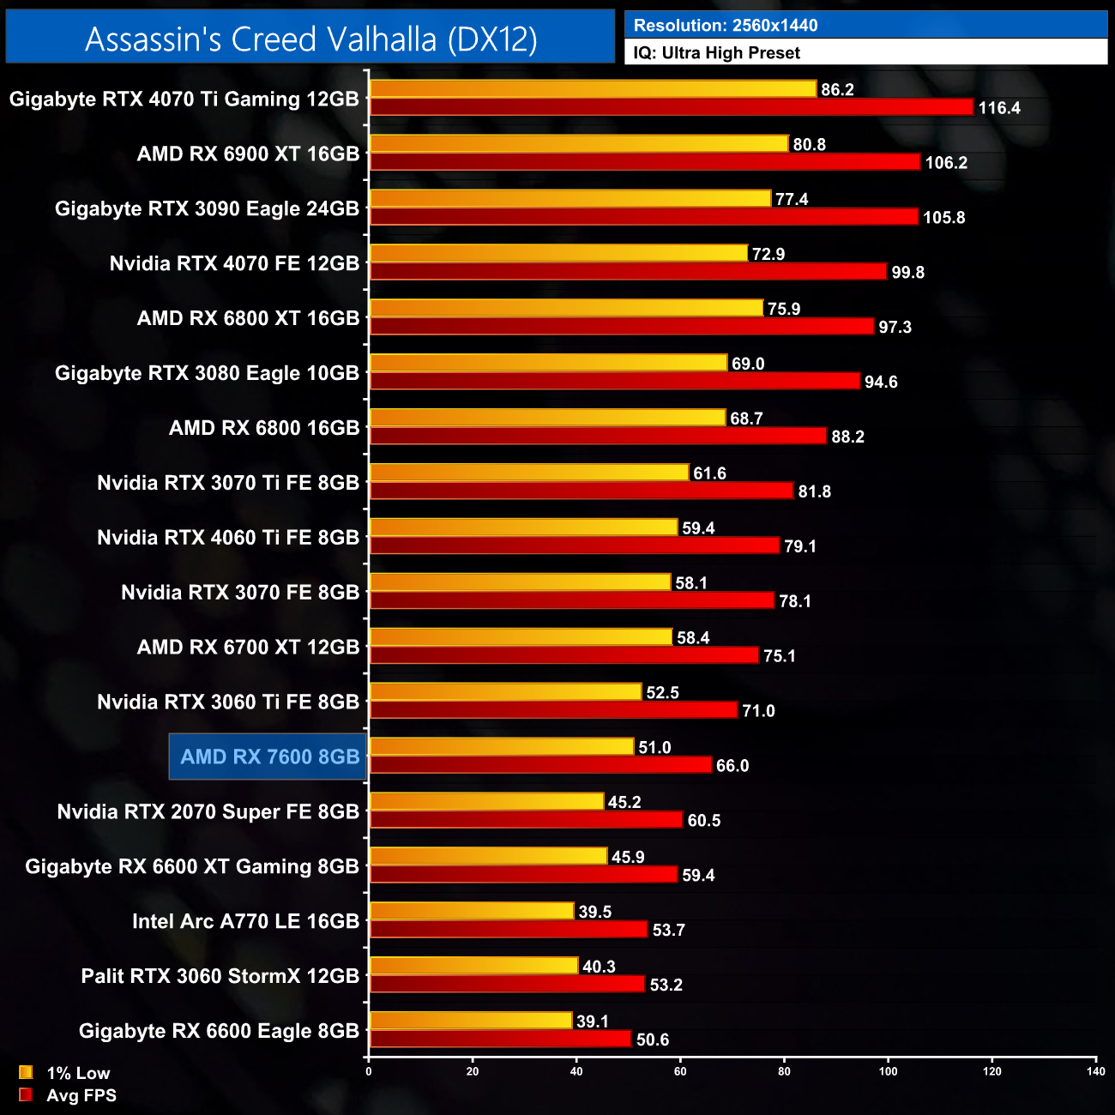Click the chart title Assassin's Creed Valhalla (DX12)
click(x=310, y=39)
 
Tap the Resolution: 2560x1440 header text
click(x=725, y=25)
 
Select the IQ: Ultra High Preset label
click(x=716, y=52)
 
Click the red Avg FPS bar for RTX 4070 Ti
click(x=671, y=107)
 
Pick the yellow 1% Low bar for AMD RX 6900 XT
click(x=578, y=144)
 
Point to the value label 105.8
click(x=943, y=217)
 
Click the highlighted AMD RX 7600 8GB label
click(x=269, y=756)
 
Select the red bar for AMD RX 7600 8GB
click(x=540, y=764)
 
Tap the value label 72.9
click(x=768, y=254)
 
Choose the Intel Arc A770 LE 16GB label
click(x=245, y=921)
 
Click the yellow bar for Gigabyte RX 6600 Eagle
click(x=470, y=1021)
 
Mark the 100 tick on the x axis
click(x=888, y=1071)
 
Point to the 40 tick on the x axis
click(x=576, y=1071)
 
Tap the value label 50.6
click(x=652, y=1040)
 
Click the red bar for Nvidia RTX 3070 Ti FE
click(x=581, y=491)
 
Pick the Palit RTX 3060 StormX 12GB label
click(x=220, y=976)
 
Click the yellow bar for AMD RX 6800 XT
click(x=566, y=308)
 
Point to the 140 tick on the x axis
click(x=1095, y=1071)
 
